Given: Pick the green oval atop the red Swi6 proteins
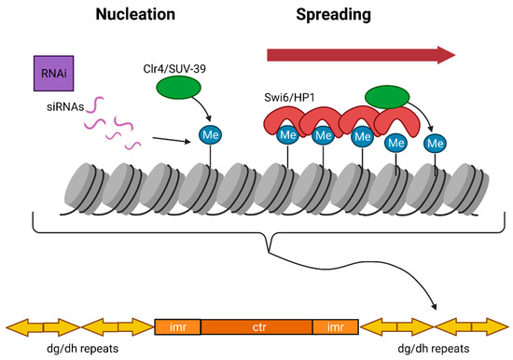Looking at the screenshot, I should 393,98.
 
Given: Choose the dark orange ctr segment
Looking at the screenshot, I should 256,326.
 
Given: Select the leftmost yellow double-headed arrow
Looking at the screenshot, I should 41,326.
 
